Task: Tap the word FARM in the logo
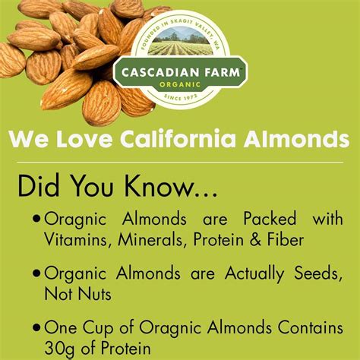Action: coord(222,72)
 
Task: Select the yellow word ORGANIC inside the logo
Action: coord(180,84)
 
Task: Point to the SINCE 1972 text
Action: coord(180,97)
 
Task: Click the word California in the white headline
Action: coord(178,139)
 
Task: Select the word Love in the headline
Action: coord(84,139)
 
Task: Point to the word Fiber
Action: coord(286,239)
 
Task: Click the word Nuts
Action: coord(95,294)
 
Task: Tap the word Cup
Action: coord(98,328)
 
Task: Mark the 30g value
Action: coord(60,349)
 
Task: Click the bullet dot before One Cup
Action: coord(36,327)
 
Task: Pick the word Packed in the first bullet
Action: coord(270,219)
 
